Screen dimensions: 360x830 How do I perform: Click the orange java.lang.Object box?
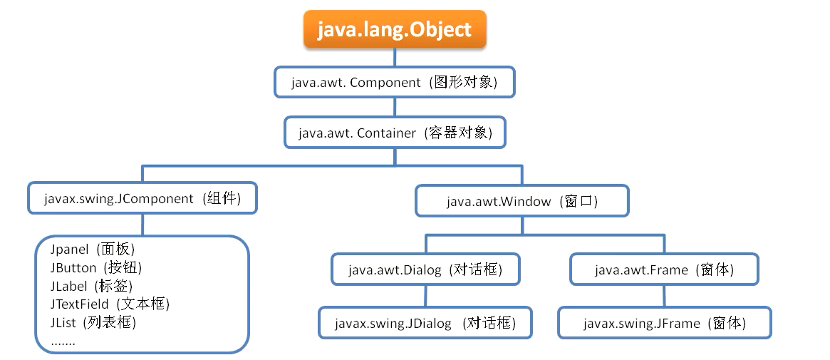[395, 30]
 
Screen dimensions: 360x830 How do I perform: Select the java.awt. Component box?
[394, 83]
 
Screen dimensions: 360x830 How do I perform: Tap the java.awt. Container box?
[395, 133]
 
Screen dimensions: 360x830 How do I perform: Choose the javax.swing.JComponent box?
[142, 199]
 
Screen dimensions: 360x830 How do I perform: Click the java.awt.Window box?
[522, 201]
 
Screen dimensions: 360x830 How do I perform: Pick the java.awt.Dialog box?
[425, 270]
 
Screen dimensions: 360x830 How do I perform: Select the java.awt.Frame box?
[664, 270]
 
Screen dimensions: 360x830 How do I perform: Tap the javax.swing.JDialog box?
[425, 323]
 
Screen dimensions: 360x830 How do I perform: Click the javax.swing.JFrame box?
[664, 323]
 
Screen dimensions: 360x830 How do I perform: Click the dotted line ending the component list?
[63, 342]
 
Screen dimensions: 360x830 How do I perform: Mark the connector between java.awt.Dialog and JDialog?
[425, 296]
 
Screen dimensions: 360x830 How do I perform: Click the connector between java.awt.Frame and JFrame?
[664, 296]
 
